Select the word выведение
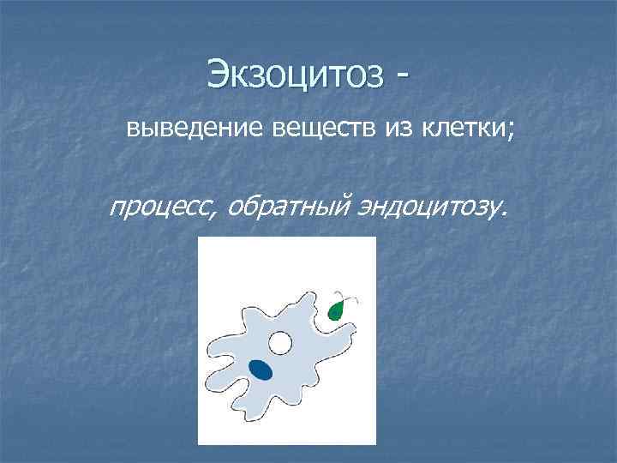click(x=196, y=129)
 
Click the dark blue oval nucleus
click(x=261, y=370)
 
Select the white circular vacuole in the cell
click(x=279, y=344)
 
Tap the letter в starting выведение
click(x=134, y=130)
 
